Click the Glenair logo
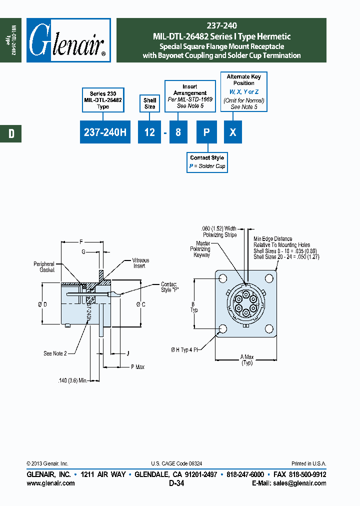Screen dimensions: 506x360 click(x=68, y=40)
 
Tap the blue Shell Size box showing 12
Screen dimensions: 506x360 click(x=149, y=132)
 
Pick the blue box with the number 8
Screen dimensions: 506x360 click(x=178, y=132)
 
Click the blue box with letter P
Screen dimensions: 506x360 click(x=205, y=132)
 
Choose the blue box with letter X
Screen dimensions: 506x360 click(x=232, y=132)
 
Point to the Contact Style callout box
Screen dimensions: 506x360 click(x=207, y=162)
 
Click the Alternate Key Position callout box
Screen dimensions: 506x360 click(x=243, y=91)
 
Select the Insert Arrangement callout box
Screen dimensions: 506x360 click(x=189, y=96)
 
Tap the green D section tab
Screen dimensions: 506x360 click(x=10, y=133)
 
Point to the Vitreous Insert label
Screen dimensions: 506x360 click(x=140, y=263)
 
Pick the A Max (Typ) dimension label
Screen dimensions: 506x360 click(x=247, y=359)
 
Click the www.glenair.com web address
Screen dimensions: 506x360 click(x=50, y=483)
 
